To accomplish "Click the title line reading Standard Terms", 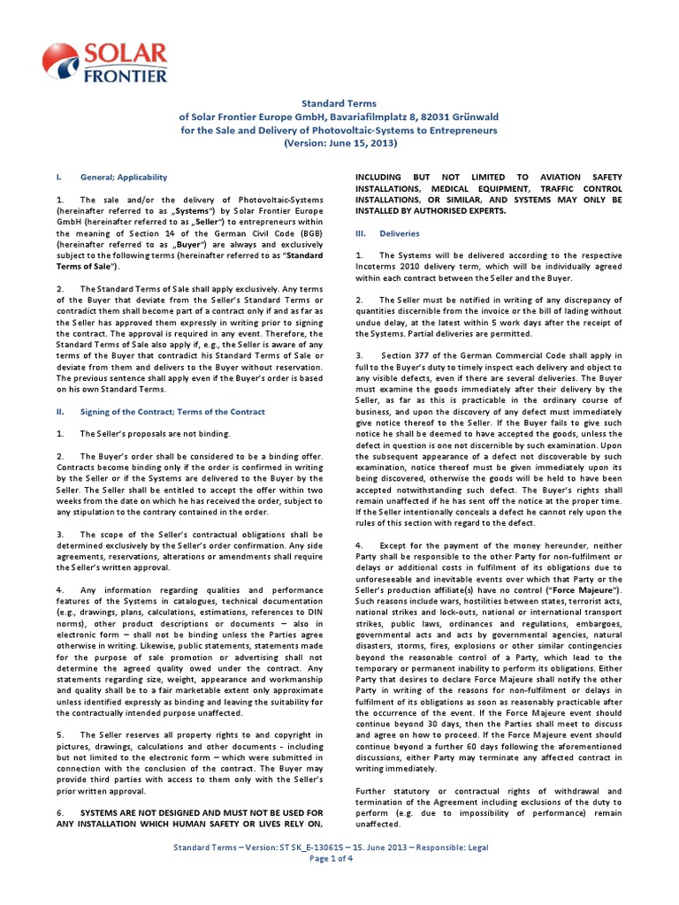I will pyautogui.click(x=339, y=102).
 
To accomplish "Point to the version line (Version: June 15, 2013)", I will pyautogui.click(x=339, y=143).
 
